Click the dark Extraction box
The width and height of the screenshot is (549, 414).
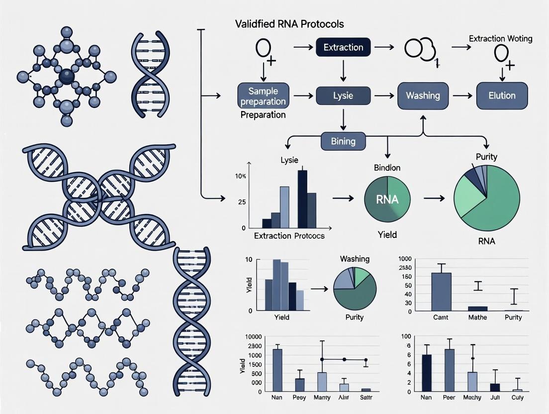tap(343, 48)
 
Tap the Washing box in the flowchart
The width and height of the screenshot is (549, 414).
tap(422, 96)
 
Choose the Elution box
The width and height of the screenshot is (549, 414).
tap(502, 96)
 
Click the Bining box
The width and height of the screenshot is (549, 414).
tap(343, 141)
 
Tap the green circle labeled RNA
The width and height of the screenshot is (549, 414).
tap(387, 200)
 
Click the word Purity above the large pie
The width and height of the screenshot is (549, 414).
tap(486, 157)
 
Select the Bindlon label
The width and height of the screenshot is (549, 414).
tap(387, 167)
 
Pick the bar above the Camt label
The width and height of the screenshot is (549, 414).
tap(441, 292)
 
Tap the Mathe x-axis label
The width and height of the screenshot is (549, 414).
tap(477, 317)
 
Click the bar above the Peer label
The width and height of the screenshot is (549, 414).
tap(449, 370)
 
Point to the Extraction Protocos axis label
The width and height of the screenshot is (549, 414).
tap(289, 235)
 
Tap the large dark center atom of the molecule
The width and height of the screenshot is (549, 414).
tap(66, 76)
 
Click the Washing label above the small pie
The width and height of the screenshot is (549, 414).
tap(355, 259)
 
